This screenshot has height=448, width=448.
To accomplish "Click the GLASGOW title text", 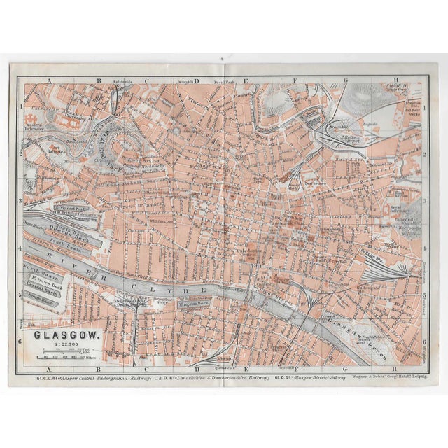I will click(x=68, y=334).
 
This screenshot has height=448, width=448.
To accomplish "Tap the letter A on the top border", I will click(x=50, y=81).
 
